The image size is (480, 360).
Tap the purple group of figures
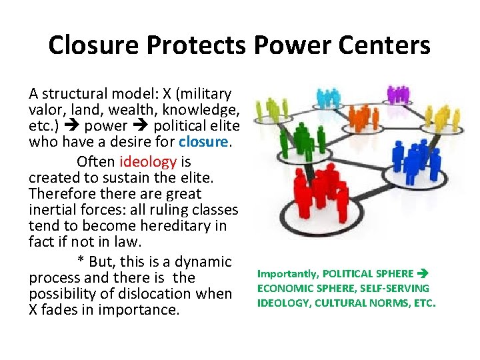point(397,95)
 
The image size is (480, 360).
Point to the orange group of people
point(361,118)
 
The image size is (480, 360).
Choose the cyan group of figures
point(328,98)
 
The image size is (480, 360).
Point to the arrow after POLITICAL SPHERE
point(423,274)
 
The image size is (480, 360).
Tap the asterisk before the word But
point(81,262)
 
